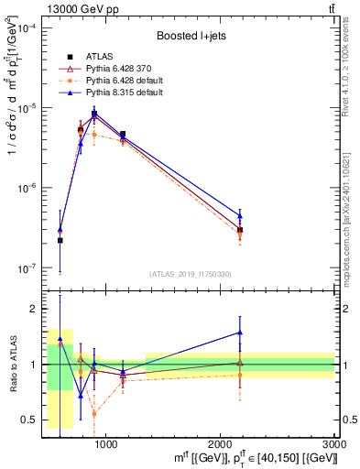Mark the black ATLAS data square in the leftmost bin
60,240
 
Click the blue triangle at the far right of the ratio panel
240,333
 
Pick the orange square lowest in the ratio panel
93,414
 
